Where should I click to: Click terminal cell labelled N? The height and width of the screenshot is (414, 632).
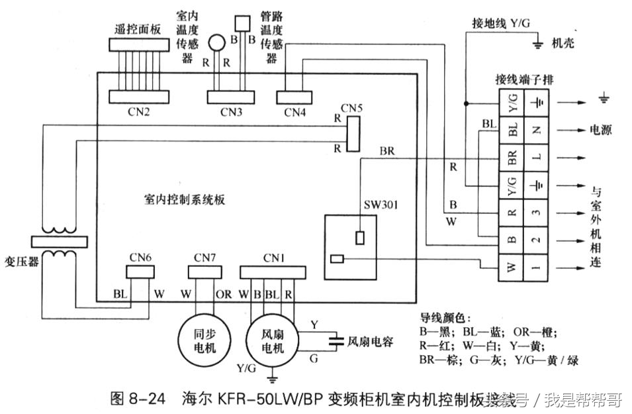(537, 130)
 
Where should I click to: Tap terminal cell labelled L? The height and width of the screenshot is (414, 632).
(537, 158)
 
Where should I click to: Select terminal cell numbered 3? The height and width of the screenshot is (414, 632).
(537, 213)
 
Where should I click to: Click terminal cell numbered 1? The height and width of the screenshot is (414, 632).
(537, 268)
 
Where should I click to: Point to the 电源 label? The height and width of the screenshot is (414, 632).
(600, 130)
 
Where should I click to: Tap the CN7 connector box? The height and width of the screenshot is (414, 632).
(203, 271)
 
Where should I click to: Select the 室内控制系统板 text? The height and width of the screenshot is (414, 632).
(184, 199)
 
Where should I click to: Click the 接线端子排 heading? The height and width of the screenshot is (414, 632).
(524, 79)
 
